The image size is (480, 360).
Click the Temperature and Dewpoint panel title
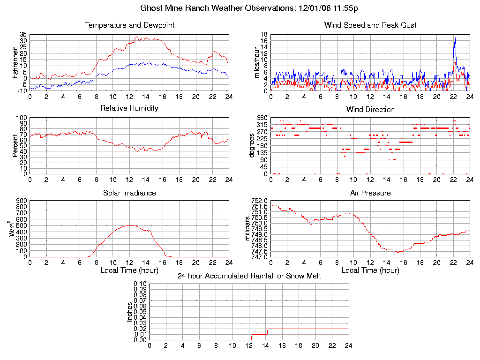(129, 25)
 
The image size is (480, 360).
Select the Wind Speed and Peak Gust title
(370, 25)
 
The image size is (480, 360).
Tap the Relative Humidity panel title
(129, 108)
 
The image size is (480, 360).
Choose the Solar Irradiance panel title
(129, 193)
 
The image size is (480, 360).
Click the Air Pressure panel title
(370, 193)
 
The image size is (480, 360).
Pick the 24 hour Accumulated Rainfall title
(249, 276)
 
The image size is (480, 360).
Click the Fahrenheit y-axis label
(15, 62)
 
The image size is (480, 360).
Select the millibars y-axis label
(248, 228)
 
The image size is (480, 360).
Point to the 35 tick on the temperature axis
(23, 35)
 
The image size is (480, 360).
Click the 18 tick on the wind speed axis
(264, 35)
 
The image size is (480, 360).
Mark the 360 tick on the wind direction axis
(262, 118)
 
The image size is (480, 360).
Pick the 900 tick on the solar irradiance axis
(21, 201)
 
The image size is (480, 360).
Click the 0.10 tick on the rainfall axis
(140, 284)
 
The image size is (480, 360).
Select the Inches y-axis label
(130, 312)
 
